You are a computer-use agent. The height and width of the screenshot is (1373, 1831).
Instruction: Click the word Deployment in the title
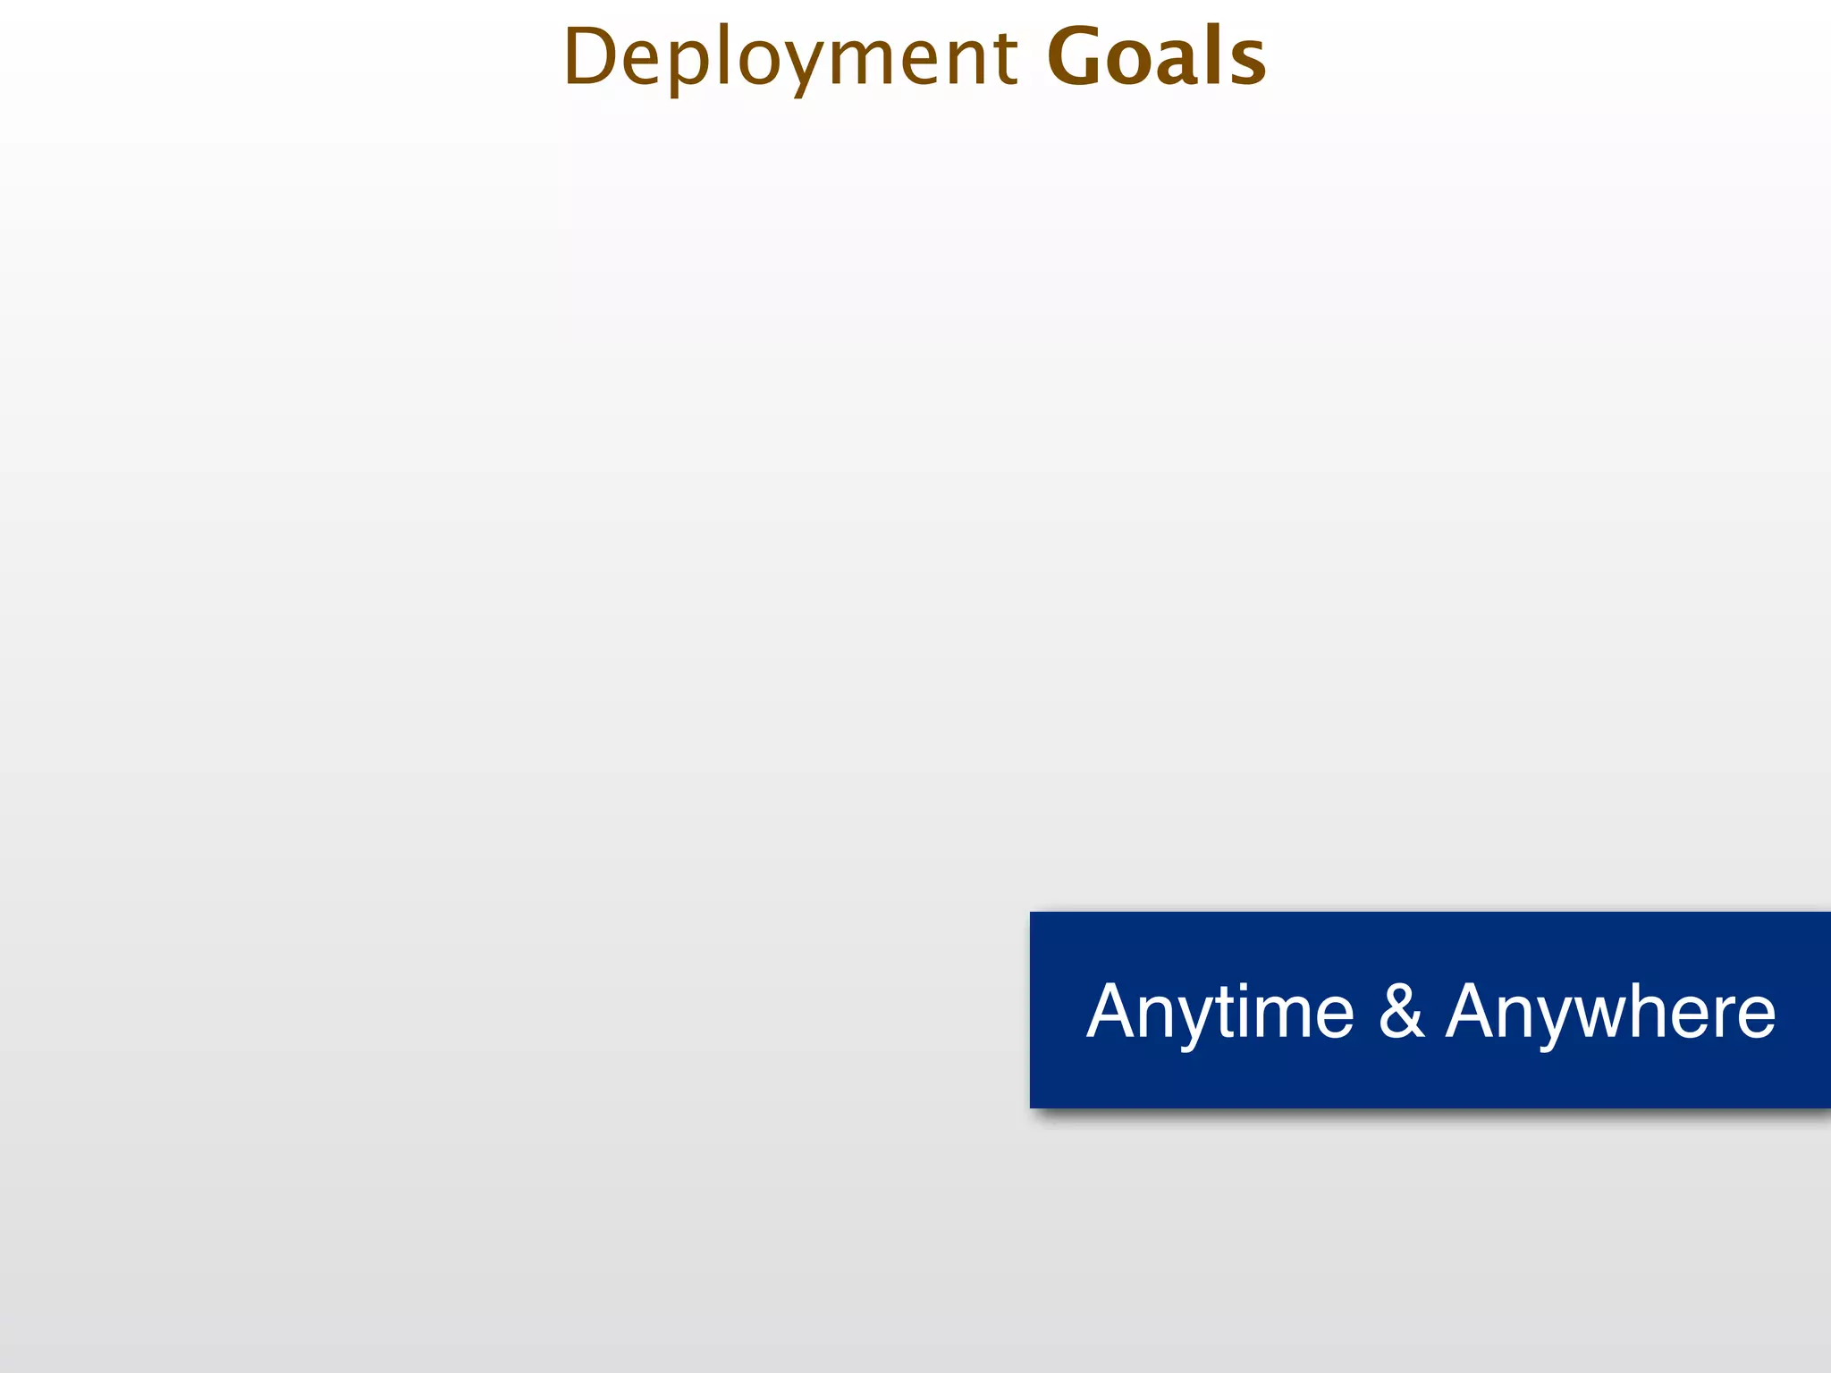pos(790,57)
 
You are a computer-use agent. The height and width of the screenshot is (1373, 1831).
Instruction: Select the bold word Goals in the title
pos(1156,57)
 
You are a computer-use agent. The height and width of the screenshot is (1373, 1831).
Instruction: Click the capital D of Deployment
pos(591,57)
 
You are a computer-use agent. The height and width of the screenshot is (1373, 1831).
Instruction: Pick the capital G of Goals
pos(1076,57)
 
